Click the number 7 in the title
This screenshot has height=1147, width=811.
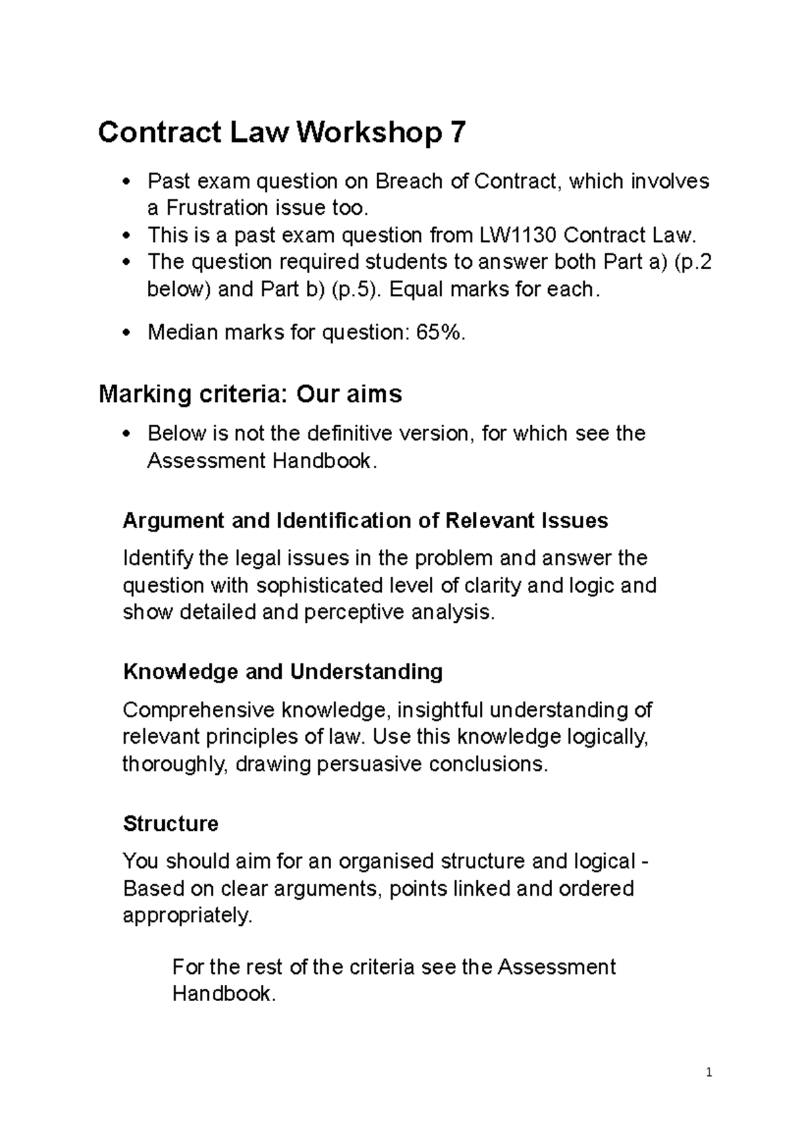point(457,132)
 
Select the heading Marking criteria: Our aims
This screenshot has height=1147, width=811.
point(250,393)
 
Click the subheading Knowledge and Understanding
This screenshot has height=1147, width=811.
point(282,671)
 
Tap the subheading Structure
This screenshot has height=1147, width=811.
point(170,823)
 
